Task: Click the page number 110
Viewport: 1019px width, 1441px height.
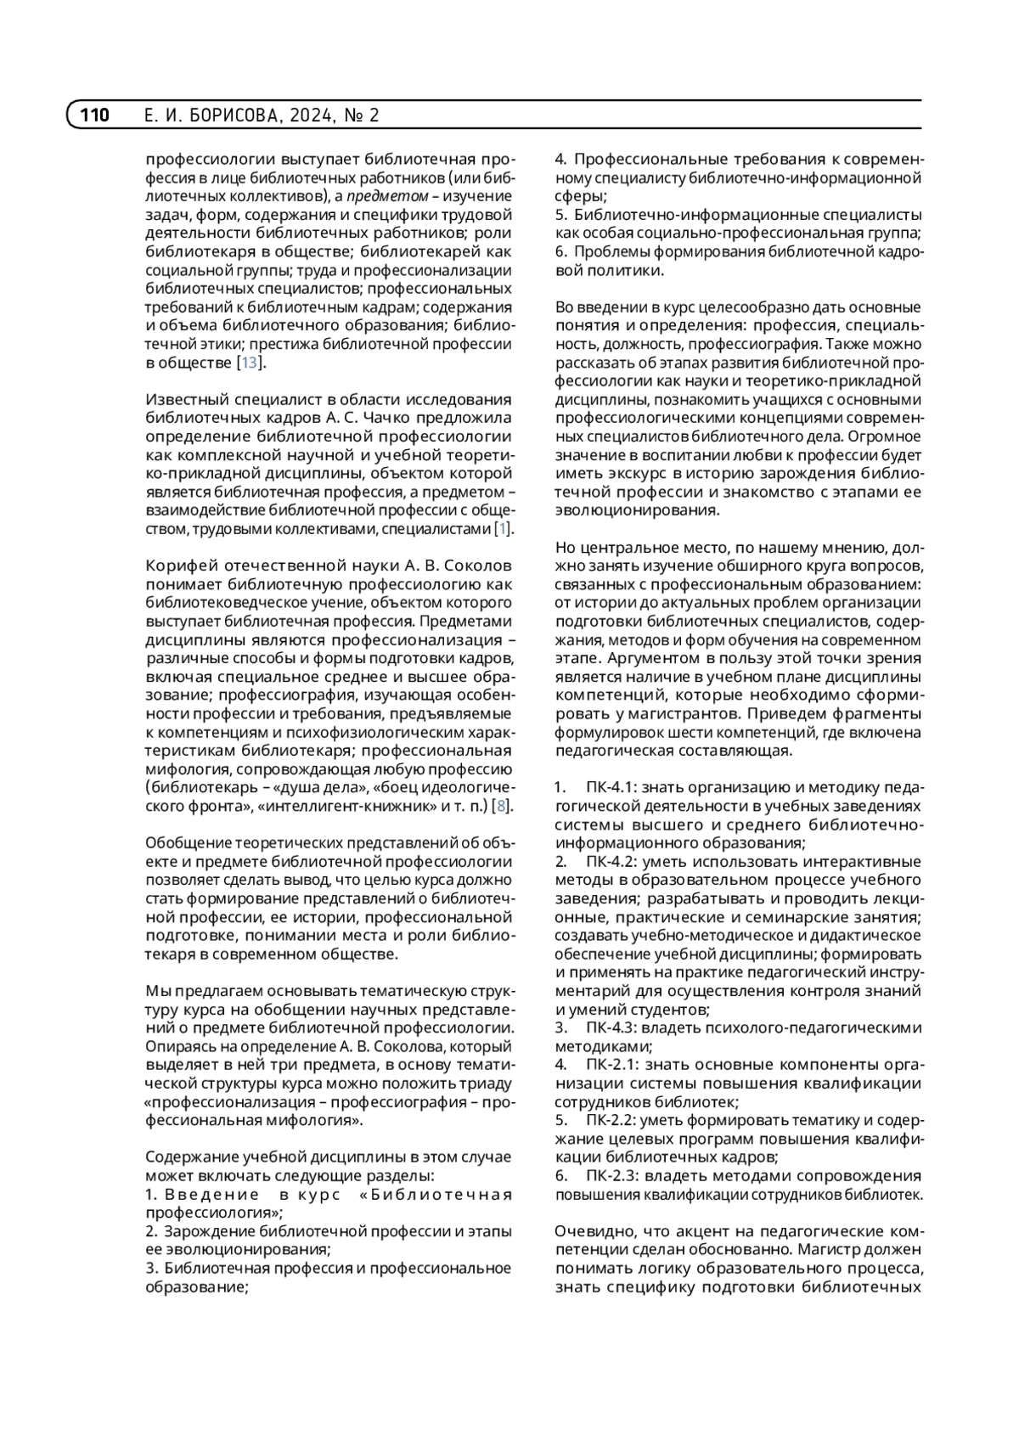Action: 95,115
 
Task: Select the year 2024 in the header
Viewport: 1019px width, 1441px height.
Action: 313,115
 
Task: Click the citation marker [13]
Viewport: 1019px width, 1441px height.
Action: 250,363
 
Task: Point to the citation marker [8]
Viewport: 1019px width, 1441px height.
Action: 503,807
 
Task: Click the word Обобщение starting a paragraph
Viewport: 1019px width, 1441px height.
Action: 186,843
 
